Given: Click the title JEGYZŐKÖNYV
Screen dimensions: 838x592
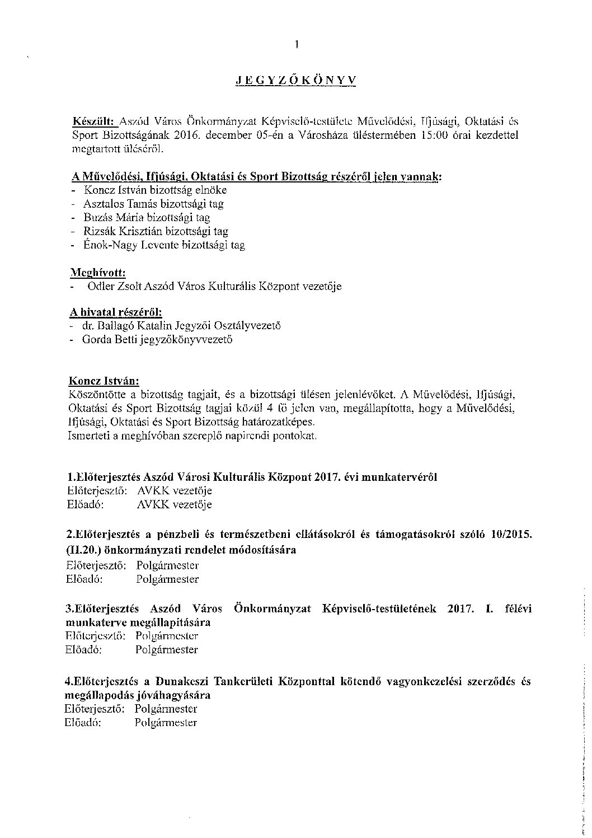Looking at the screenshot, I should pos(295,81).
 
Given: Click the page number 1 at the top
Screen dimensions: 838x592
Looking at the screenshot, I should pos(297,45).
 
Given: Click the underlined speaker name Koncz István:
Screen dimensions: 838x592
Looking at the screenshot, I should pos(104,382).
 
